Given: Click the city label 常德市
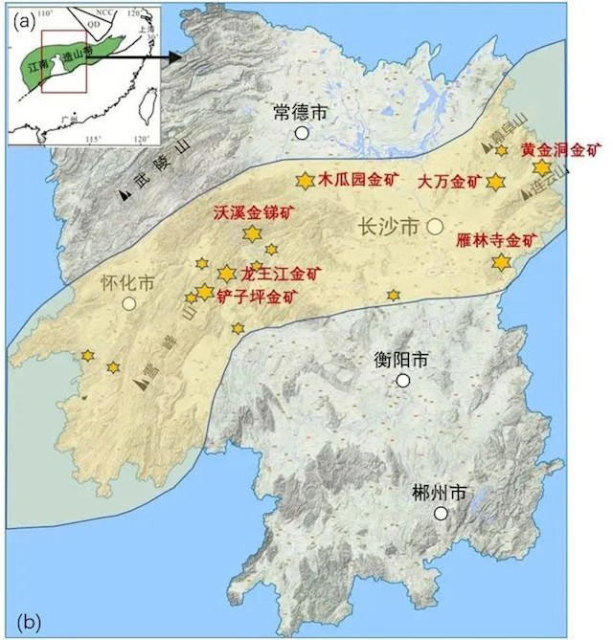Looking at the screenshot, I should [300, 112].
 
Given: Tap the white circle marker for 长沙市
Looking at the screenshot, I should [435, 227].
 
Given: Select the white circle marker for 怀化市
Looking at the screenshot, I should [128, 303].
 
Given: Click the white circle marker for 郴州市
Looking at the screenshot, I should [441, 514].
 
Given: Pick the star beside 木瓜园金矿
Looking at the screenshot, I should [305, 180].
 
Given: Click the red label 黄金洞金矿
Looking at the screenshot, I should [561, 149].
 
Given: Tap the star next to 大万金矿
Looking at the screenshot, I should [495, 182].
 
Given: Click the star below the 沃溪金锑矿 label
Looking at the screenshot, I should [253, 232].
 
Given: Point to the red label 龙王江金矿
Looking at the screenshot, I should [282, 274].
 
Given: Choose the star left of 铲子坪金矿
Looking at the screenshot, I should [204, 292].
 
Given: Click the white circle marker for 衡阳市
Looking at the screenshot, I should [403, 381].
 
